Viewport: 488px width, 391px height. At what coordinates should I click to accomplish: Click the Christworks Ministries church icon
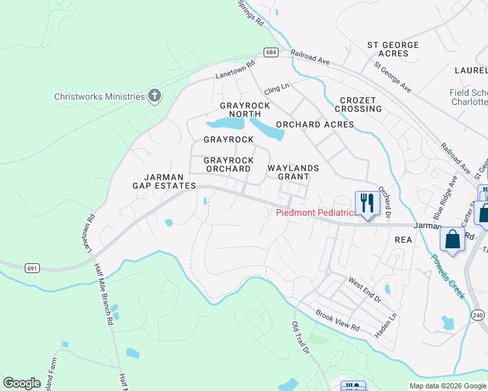[155, 96]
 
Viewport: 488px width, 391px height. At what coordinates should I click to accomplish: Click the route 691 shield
[33, 268]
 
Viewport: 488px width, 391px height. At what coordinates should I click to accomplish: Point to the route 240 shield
[478, 315]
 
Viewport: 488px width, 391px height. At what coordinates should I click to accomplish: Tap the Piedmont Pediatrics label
[316, 212]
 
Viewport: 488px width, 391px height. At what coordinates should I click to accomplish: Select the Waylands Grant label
[294, 172]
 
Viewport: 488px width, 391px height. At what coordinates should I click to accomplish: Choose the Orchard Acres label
[314, 124]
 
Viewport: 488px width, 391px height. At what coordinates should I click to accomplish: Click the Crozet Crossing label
[358, 104]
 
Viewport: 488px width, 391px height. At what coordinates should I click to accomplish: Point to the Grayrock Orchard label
[228, 164]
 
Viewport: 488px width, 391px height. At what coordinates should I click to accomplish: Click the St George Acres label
[392, 49]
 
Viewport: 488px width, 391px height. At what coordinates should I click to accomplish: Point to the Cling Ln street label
[276, 86]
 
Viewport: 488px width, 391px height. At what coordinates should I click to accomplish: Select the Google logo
[22, 383]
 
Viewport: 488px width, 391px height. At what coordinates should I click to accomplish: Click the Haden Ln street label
[386, 326]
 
